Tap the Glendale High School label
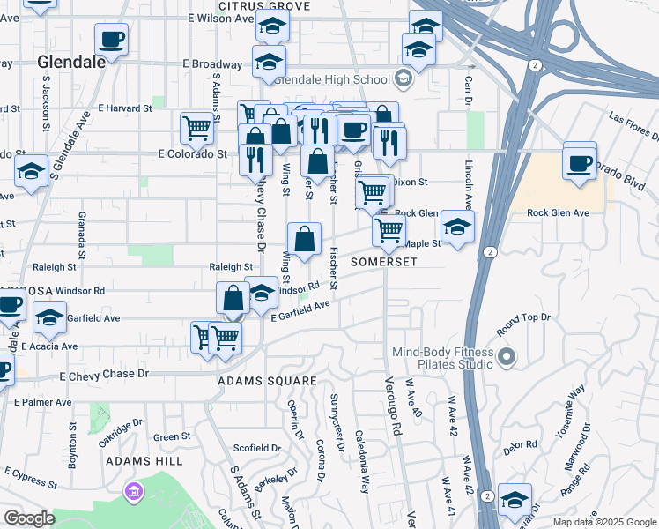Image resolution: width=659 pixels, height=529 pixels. pyautogui.click(x=335, y=78)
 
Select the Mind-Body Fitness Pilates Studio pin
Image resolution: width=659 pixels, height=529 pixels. pyautogui.click(x=506, y=357)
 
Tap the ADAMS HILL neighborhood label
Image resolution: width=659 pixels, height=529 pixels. pyautogui.click(x=144, y=461)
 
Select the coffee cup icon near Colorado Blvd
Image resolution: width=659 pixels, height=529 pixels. pyautogui.click(x=580, y=164)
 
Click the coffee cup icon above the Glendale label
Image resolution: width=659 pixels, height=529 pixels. pyautogui.click(x=111, y=40)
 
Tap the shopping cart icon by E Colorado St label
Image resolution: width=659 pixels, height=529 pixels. pyautogui.click(x=196, y=129)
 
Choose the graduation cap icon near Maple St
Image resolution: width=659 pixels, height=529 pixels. pyautogui.click(x=457, y=227)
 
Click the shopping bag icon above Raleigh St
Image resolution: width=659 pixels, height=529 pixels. pyautogui.click(x=304, y=240)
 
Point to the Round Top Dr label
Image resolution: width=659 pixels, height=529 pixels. pyautogui.click(x=523, y=323)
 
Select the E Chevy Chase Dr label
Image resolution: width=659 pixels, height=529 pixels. pyautogui.click(x=104, y=375)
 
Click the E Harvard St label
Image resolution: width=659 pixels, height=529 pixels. pyautogui.click(x=125, y=108)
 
